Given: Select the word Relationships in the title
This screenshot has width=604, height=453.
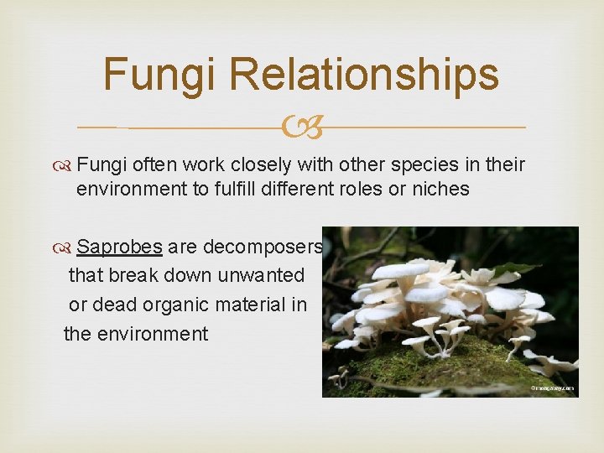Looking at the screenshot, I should coord(363,74).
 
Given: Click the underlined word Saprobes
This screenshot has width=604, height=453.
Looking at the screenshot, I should coord(119,247).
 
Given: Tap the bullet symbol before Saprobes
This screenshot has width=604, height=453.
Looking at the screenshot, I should coord(63,247).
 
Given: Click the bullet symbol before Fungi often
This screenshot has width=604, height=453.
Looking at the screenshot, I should coord(63,164).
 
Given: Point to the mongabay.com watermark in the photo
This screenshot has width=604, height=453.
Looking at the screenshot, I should coord(550,388).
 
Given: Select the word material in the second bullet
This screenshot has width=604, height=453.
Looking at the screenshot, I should coord(243,305).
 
